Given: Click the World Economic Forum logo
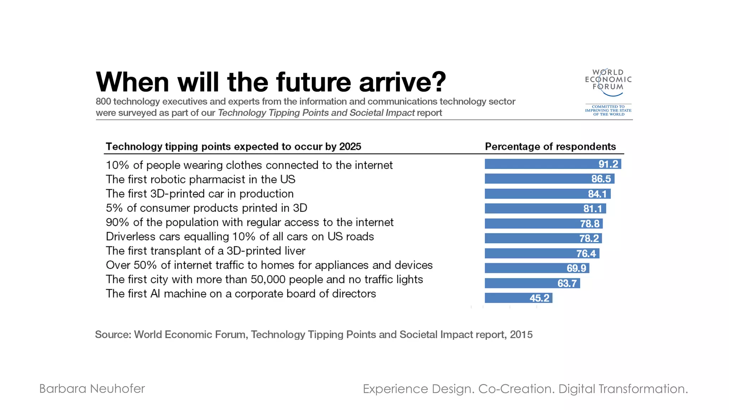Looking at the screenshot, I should (608, 83).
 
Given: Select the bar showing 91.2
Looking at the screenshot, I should (552, 164).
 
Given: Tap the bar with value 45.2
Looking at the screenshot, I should (518, 298).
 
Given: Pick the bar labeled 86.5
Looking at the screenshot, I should (549, 179).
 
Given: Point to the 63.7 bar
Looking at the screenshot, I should (532, 283).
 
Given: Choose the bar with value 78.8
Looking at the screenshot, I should (544, 224).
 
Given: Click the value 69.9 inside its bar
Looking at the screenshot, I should (576, 268).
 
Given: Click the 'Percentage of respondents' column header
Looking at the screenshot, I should (550, 147).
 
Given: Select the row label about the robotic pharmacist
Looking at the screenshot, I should (200, 179).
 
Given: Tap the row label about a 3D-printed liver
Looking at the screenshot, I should (205, 251).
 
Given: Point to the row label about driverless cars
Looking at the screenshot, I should (240, 237).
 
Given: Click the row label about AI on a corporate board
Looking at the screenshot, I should (241, 294).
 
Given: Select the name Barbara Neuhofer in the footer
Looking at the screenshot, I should (92, 389).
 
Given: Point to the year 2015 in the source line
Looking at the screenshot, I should (521, 335).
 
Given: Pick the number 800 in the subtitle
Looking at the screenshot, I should (103, 101).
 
